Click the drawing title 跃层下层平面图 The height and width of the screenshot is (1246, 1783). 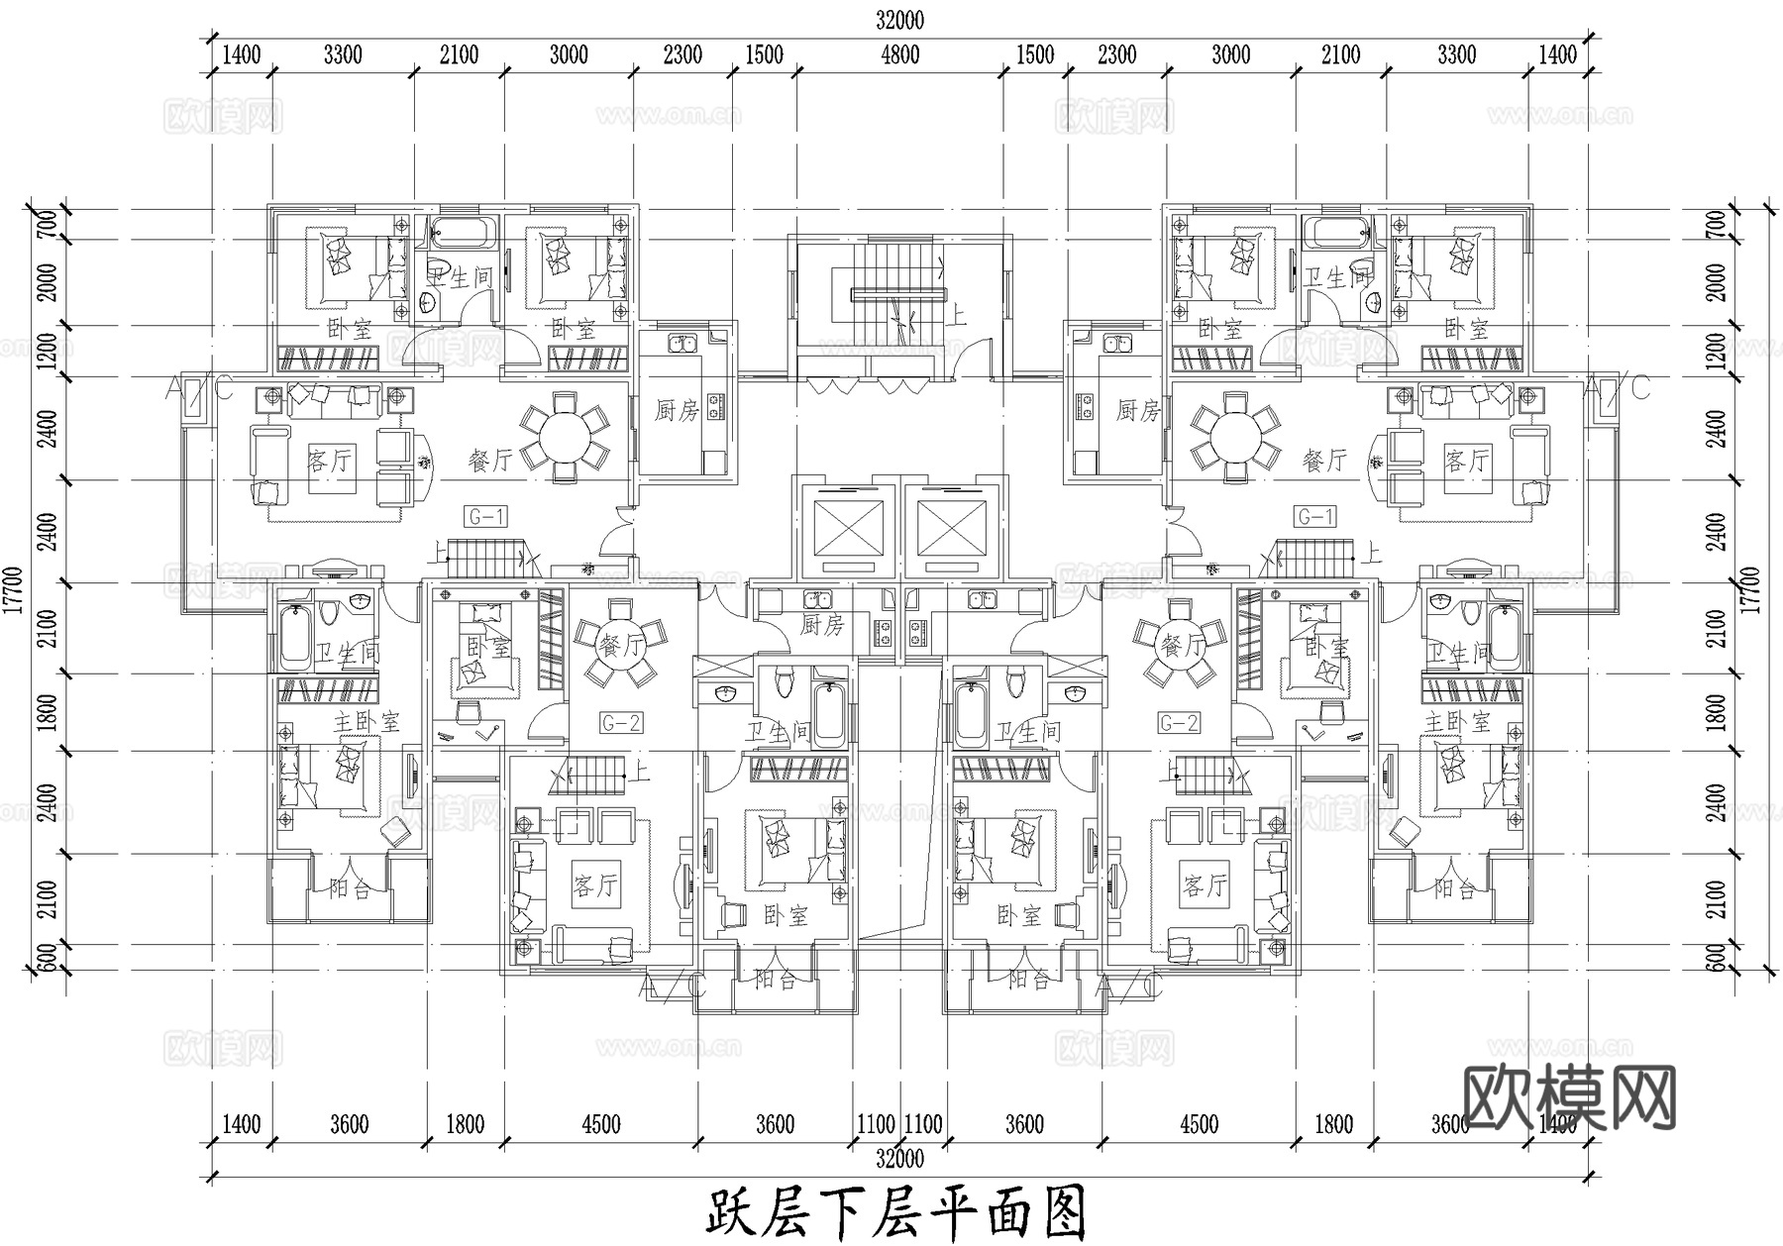[896, 1212]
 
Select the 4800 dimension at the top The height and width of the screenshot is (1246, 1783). [900, 55]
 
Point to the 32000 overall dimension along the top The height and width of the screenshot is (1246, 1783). [900, 20]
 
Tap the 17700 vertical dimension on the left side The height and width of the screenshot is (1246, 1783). [14, 591]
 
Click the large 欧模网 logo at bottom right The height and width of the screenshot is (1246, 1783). [1569, 1097]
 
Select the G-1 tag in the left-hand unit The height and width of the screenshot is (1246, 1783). [486, 516]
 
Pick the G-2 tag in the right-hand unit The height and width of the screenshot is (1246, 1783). [1179, 723]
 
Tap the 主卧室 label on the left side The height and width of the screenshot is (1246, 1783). [367, 721]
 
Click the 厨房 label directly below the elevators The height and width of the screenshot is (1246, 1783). [822, 625]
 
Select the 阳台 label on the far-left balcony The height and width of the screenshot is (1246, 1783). [350, 888]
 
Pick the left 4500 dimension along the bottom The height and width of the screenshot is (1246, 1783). [601, 1124]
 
